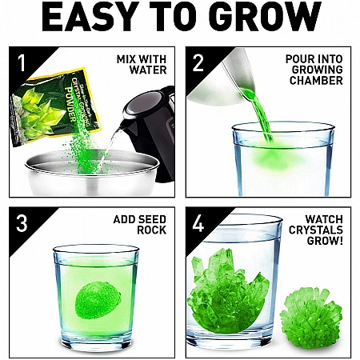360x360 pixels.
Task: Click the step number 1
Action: click(x=21, y=63)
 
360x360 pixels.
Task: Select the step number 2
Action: click(x=198, y=63)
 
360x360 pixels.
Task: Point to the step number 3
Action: click(x=22, y=223)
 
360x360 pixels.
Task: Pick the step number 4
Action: click(x=198, y=223)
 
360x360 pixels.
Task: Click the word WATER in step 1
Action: click(x=148, y=70)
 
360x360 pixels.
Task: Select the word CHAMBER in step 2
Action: click(x=316, y=80)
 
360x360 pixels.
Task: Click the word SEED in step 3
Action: click(x=152, y=219)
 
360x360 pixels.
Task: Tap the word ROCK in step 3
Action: click(x=151, y=230)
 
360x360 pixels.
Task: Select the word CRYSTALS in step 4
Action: click(x=316, y=230)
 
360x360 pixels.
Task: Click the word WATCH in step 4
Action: click(x=324, y=219)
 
